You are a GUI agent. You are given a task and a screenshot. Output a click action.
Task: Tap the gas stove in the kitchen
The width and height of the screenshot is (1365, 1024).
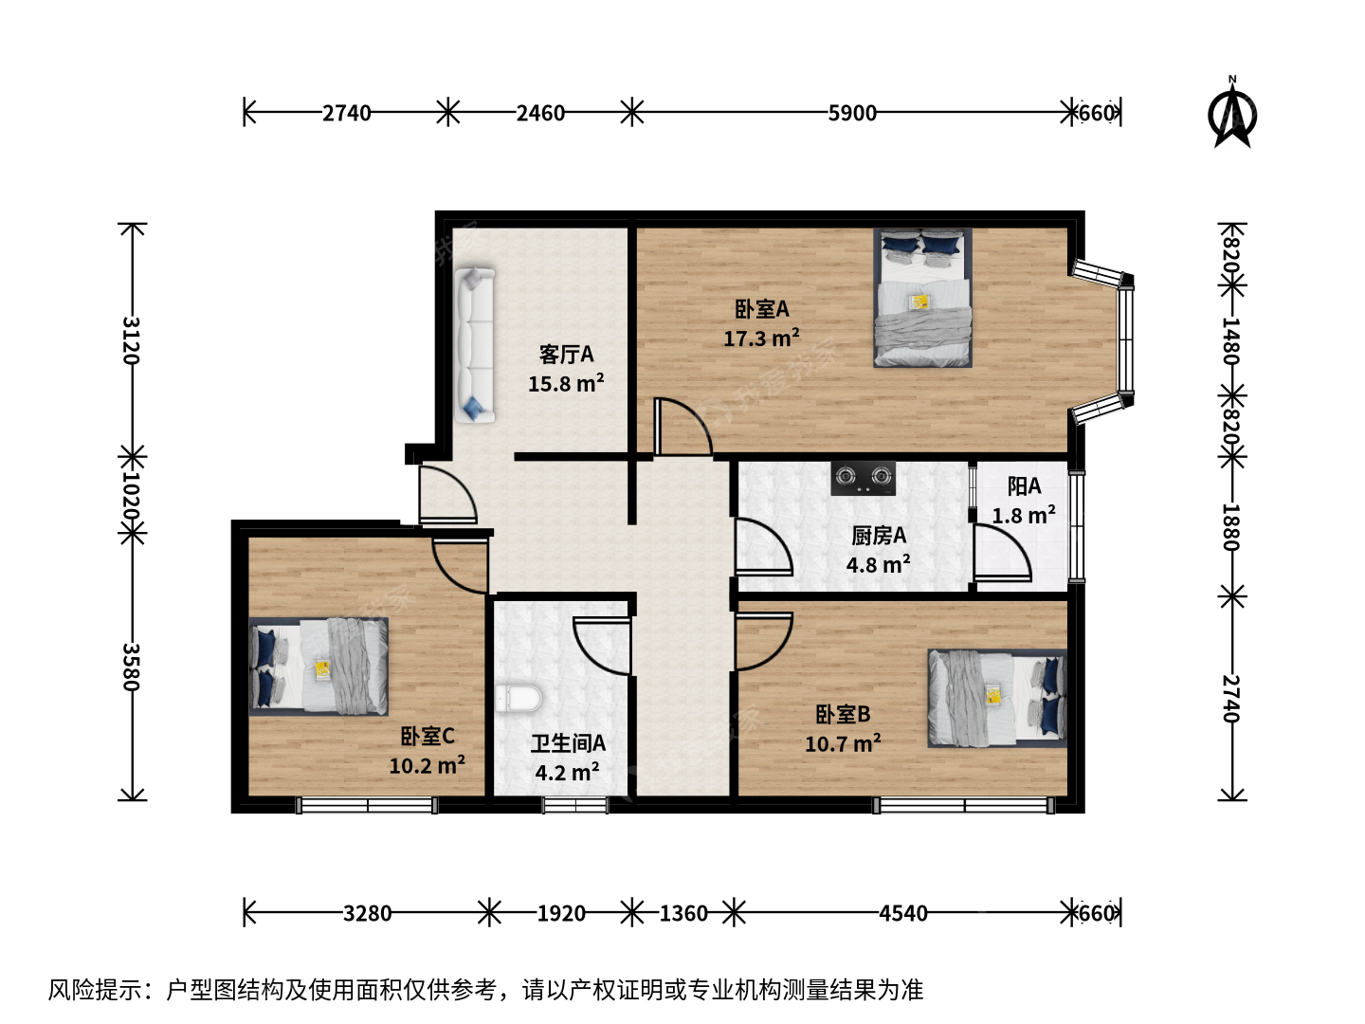coord(864,478)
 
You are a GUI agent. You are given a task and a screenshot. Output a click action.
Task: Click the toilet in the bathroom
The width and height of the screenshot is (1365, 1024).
coord(519,698)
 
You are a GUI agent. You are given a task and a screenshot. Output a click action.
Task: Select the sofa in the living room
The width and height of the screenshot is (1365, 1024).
coord(474,345)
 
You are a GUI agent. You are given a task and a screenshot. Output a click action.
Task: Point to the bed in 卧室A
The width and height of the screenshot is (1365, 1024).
coord(922,298)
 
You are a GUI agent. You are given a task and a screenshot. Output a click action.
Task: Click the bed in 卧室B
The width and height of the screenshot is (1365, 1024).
coord(997,698)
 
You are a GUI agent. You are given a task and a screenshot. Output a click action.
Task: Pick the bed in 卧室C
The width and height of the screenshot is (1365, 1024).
coord(318,667)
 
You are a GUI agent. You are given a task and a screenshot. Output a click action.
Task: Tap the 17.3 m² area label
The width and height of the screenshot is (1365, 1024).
coord(761,338)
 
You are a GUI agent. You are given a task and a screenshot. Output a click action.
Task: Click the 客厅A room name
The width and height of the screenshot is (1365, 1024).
coord(566,355)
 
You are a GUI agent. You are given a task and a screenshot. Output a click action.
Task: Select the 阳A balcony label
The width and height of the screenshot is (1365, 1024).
coord(1024,486)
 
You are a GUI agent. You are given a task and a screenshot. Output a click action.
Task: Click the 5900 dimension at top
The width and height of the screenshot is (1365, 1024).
coord(852,113)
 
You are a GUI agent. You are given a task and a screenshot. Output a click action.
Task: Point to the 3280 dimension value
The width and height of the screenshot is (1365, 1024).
coord(368,913)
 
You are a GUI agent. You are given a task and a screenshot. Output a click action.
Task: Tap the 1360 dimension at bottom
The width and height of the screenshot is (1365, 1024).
coord(683,913)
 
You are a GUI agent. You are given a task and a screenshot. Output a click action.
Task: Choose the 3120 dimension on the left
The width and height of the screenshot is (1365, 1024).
coord(131,340)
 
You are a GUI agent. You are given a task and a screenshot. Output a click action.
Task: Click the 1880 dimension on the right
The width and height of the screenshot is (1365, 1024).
coord(1231,527)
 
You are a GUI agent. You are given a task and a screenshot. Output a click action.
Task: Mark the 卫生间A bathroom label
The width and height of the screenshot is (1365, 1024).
coord(568,743)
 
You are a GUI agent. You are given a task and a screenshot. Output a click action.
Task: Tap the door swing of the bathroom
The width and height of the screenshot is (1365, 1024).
coord(601,646)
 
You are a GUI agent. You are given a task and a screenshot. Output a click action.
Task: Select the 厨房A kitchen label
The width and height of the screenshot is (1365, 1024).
coord(879,536)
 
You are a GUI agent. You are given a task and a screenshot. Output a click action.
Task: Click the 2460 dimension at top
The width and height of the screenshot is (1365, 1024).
coord(540,113)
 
